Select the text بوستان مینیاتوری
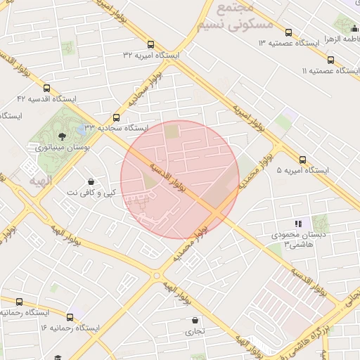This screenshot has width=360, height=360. coord(60,148)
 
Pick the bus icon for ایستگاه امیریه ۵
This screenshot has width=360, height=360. coord(302,160)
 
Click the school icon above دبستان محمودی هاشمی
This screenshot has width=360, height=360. coord(297,224)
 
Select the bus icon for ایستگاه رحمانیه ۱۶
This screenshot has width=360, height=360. coord(69,317)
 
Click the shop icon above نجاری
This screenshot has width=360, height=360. coord(195,320)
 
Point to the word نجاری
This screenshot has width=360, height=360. coord(193,331)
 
